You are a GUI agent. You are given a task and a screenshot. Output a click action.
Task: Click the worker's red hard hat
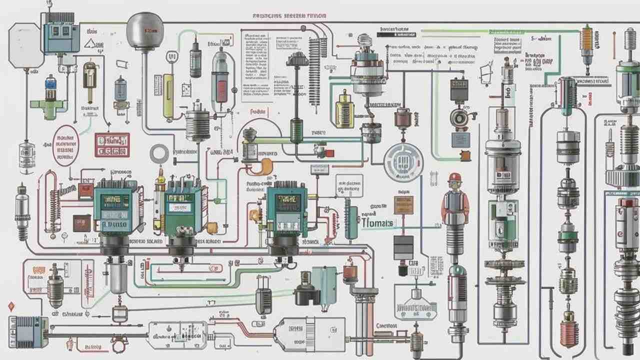454,177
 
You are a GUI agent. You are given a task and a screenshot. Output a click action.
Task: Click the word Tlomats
377,223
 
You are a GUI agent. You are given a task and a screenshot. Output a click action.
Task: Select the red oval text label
65,145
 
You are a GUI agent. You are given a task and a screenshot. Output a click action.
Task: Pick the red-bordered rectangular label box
112,145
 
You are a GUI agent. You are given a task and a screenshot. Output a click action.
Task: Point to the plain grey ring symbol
159,153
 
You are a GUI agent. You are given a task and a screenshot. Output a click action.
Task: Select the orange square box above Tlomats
403,205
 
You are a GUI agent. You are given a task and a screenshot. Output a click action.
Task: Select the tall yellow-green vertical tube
168,95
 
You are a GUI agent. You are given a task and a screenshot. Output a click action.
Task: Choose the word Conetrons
386,325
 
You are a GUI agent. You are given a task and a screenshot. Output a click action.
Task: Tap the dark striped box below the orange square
403,247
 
